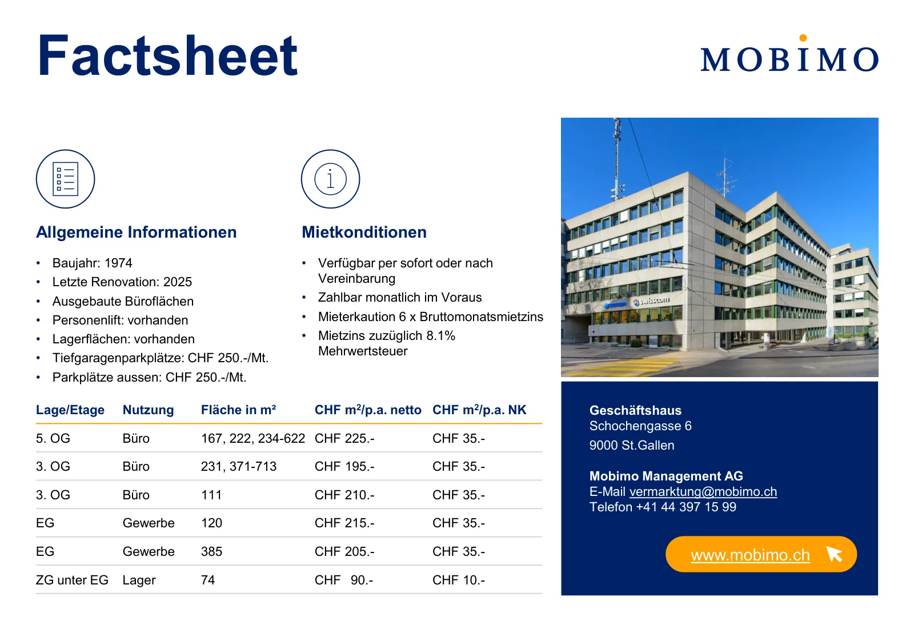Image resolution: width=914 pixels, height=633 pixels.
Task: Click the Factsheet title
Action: [x=167, y=55]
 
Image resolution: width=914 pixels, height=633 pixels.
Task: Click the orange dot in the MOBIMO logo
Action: [x=803, y=38]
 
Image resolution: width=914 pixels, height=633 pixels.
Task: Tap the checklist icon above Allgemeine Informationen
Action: [x=65, y=179]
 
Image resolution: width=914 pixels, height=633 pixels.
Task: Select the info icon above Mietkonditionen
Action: [x=331, y=179]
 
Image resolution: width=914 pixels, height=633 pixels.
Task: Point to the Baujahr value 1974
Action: [x=118, y=263]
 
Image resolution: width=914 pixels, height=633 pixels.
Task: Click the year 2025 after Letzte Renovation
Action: [x=178, y=282]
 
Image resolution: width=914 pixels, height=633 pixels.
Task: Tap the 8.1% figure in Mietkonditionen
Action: [x=440, y=335]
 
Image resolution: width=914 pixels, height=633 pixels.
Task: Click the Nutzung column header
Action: [x=148, y=410]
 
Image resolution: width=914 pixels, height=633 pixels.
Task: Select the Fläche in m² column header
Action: [x=238, y=410]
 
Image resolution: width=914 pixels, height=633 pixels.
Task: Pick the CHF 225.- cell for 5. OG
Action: [x=344, y=438]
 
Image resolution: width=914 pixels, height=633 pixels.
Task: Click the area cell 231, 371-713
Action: [x=239, y=466]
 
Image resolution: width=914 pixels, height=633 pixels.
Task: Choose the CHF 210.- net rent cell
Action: [x=344, y=495]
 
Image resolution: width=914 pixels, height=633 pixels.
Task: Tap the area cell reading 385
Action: [x=211, y=551]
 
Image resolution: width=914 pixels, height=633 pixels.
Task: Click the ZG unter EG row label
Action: [x=72, y=580]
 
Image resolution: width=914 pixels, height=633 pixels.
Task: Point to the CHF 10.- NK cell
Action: [x=459, y=580]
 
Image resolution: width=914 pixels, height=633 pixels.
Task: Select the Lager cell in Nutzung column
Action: [x=139, y=580]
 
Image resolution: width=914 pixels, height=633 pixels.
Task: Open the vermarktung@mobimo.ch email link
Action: [x=703, y=491]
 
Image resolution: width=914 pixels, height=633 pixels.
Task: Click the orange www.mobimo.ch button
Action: [x=761, y=554]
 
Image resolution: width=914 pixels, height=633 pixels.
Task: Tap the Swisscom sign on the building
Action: [x=651, y=301]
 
